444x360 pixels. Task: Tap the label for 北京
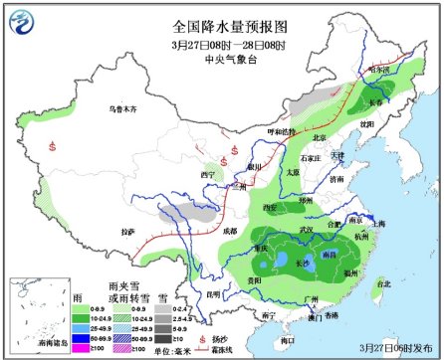point(319,138)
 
